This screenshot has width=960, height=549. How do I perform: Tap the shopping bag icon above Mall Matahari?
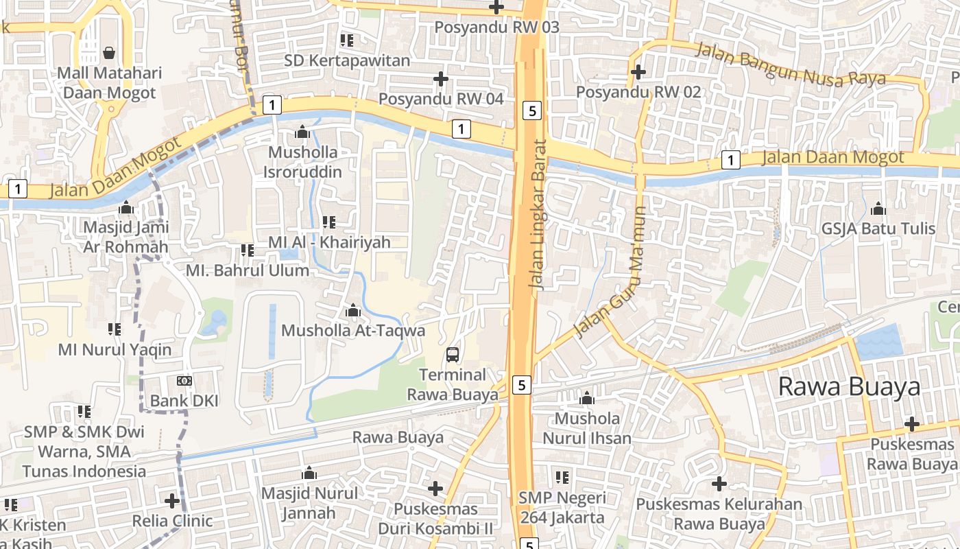108,52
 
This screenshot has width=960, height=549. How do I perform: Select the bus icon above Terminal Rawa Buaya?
453,355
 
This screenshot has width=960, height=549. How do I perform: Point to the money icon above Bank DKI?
184,380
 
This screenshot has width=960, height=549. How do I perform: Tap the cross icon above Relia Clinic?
172,501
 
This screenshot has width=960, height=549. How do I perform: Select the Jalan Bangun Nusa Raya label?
791,65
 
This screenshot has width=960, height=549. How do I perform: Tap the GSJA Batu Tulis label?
879,229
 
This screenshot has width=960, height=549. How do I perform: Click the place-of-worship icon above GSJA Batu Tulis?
878,209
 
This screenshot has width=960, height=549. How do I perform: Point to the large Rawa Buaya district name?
849,387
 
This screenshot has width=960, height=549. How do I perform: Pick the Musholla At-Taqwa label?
353,330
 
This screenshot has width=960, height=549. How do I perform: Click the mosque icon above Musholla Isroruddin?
302,132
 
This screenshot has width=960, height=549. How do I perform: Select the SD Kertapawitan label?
347,60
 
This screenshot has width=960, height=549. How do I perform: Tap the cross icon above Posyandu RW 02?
638,71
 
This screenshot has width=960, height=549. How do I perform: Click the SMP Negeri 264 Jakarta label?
562,507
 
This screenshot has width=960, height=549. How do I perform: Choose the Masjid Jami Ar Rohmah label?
125,237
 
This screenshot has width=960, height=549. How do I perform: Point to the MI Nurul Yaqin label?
115,350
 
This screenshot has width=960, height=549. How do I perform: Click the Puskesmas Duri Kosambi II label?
435,519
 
